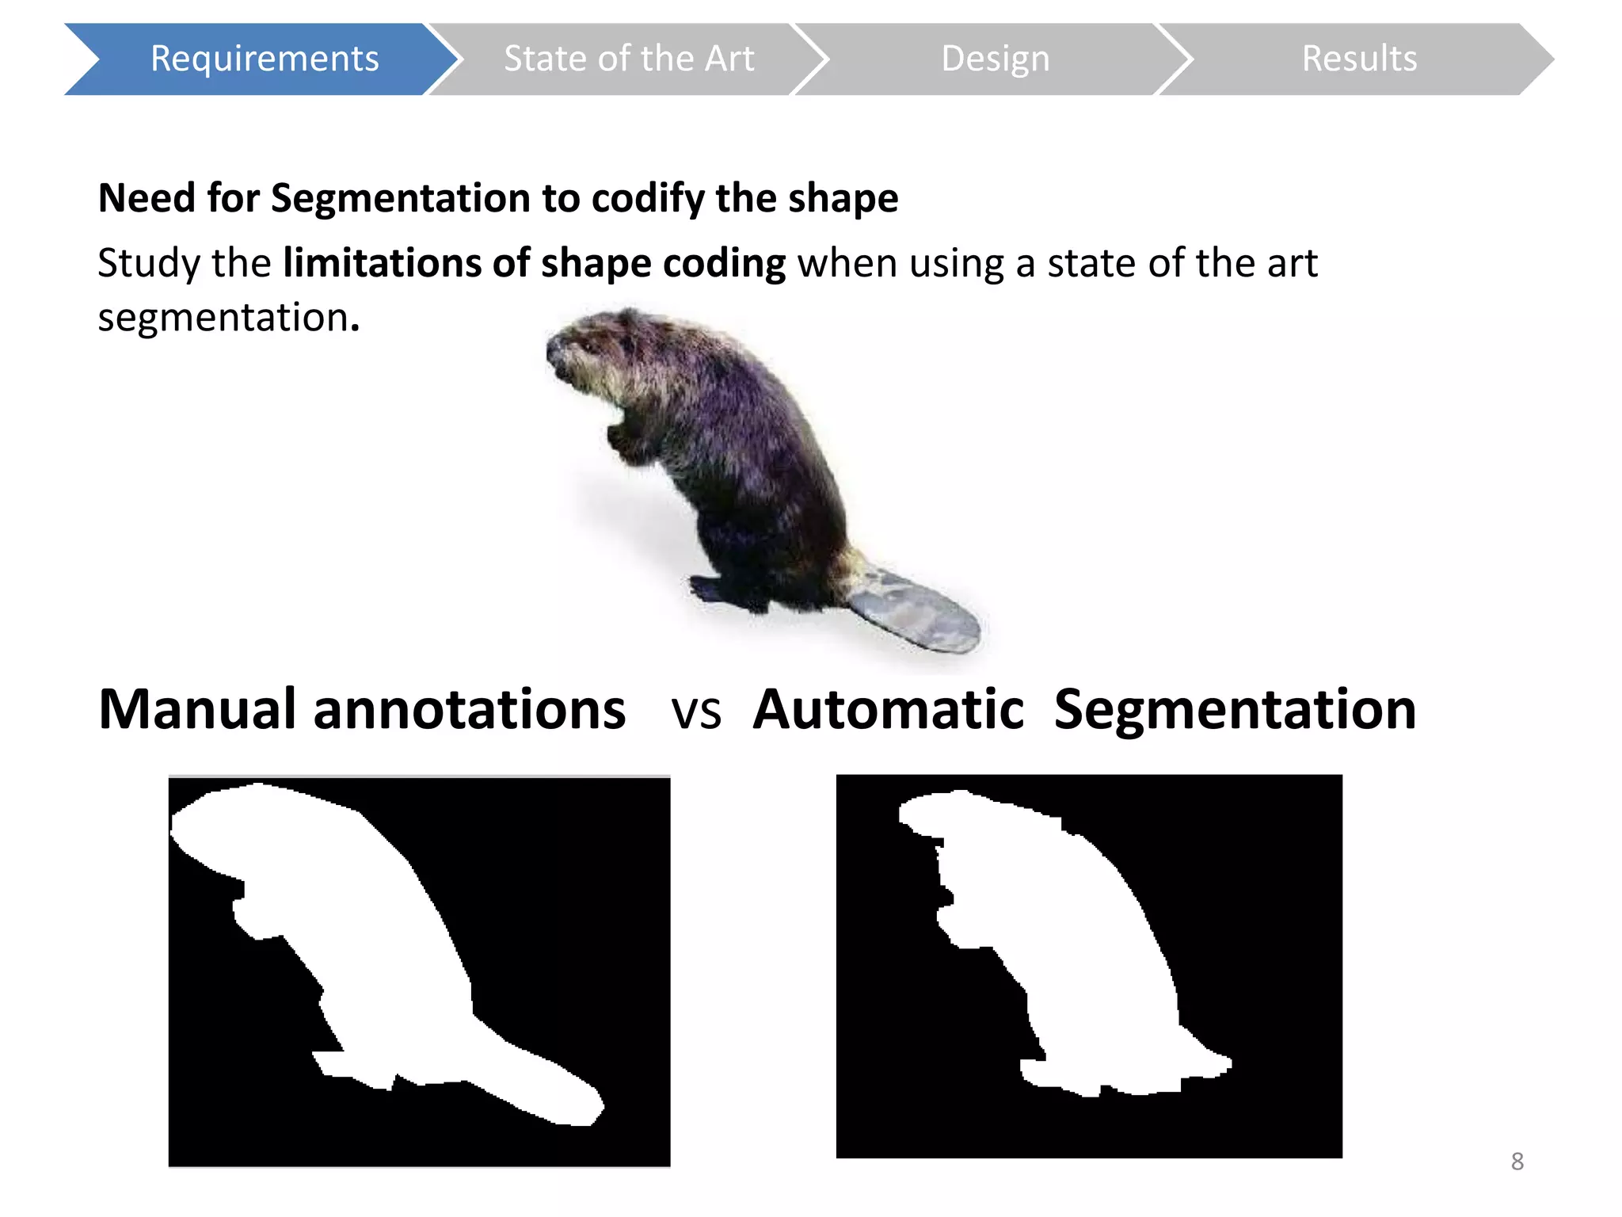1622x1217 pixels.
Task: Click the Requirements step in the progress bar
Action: tap(264, 59)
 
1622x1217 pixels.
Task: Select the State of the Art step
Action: tap(629, 59)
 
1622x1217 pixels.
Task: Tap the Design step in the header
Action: tap(995, 59)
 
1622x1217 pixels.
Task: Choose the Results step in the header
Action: tap(1359, 59)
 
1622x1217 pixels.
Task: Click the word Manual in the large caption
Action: tap(198, 709)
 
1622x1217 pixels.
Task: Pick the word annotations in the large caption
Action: tap(469, 709)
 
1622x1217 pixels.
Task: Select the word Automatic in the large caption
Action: tap(889, 709)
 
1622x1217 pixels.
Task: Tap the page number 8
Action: tap(1517, 1162)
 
